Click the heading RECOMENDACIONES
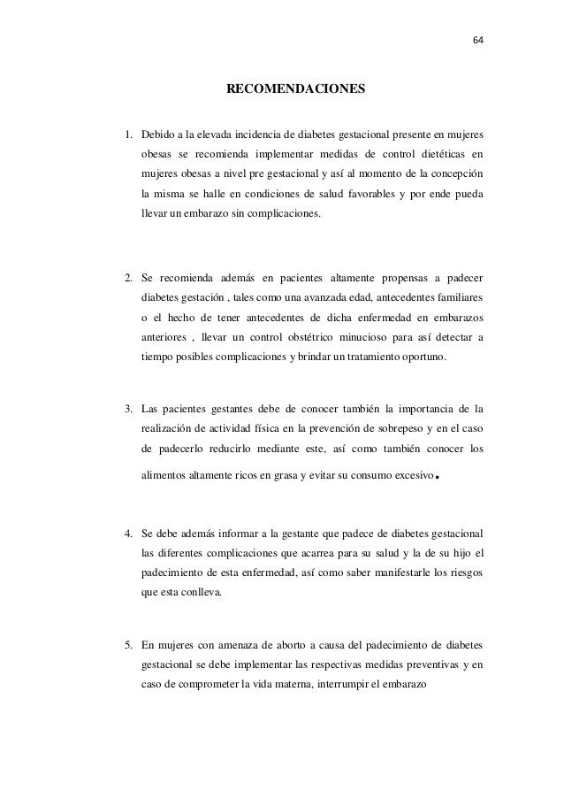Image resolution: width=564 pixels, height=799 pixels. [x=294, y=89]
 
